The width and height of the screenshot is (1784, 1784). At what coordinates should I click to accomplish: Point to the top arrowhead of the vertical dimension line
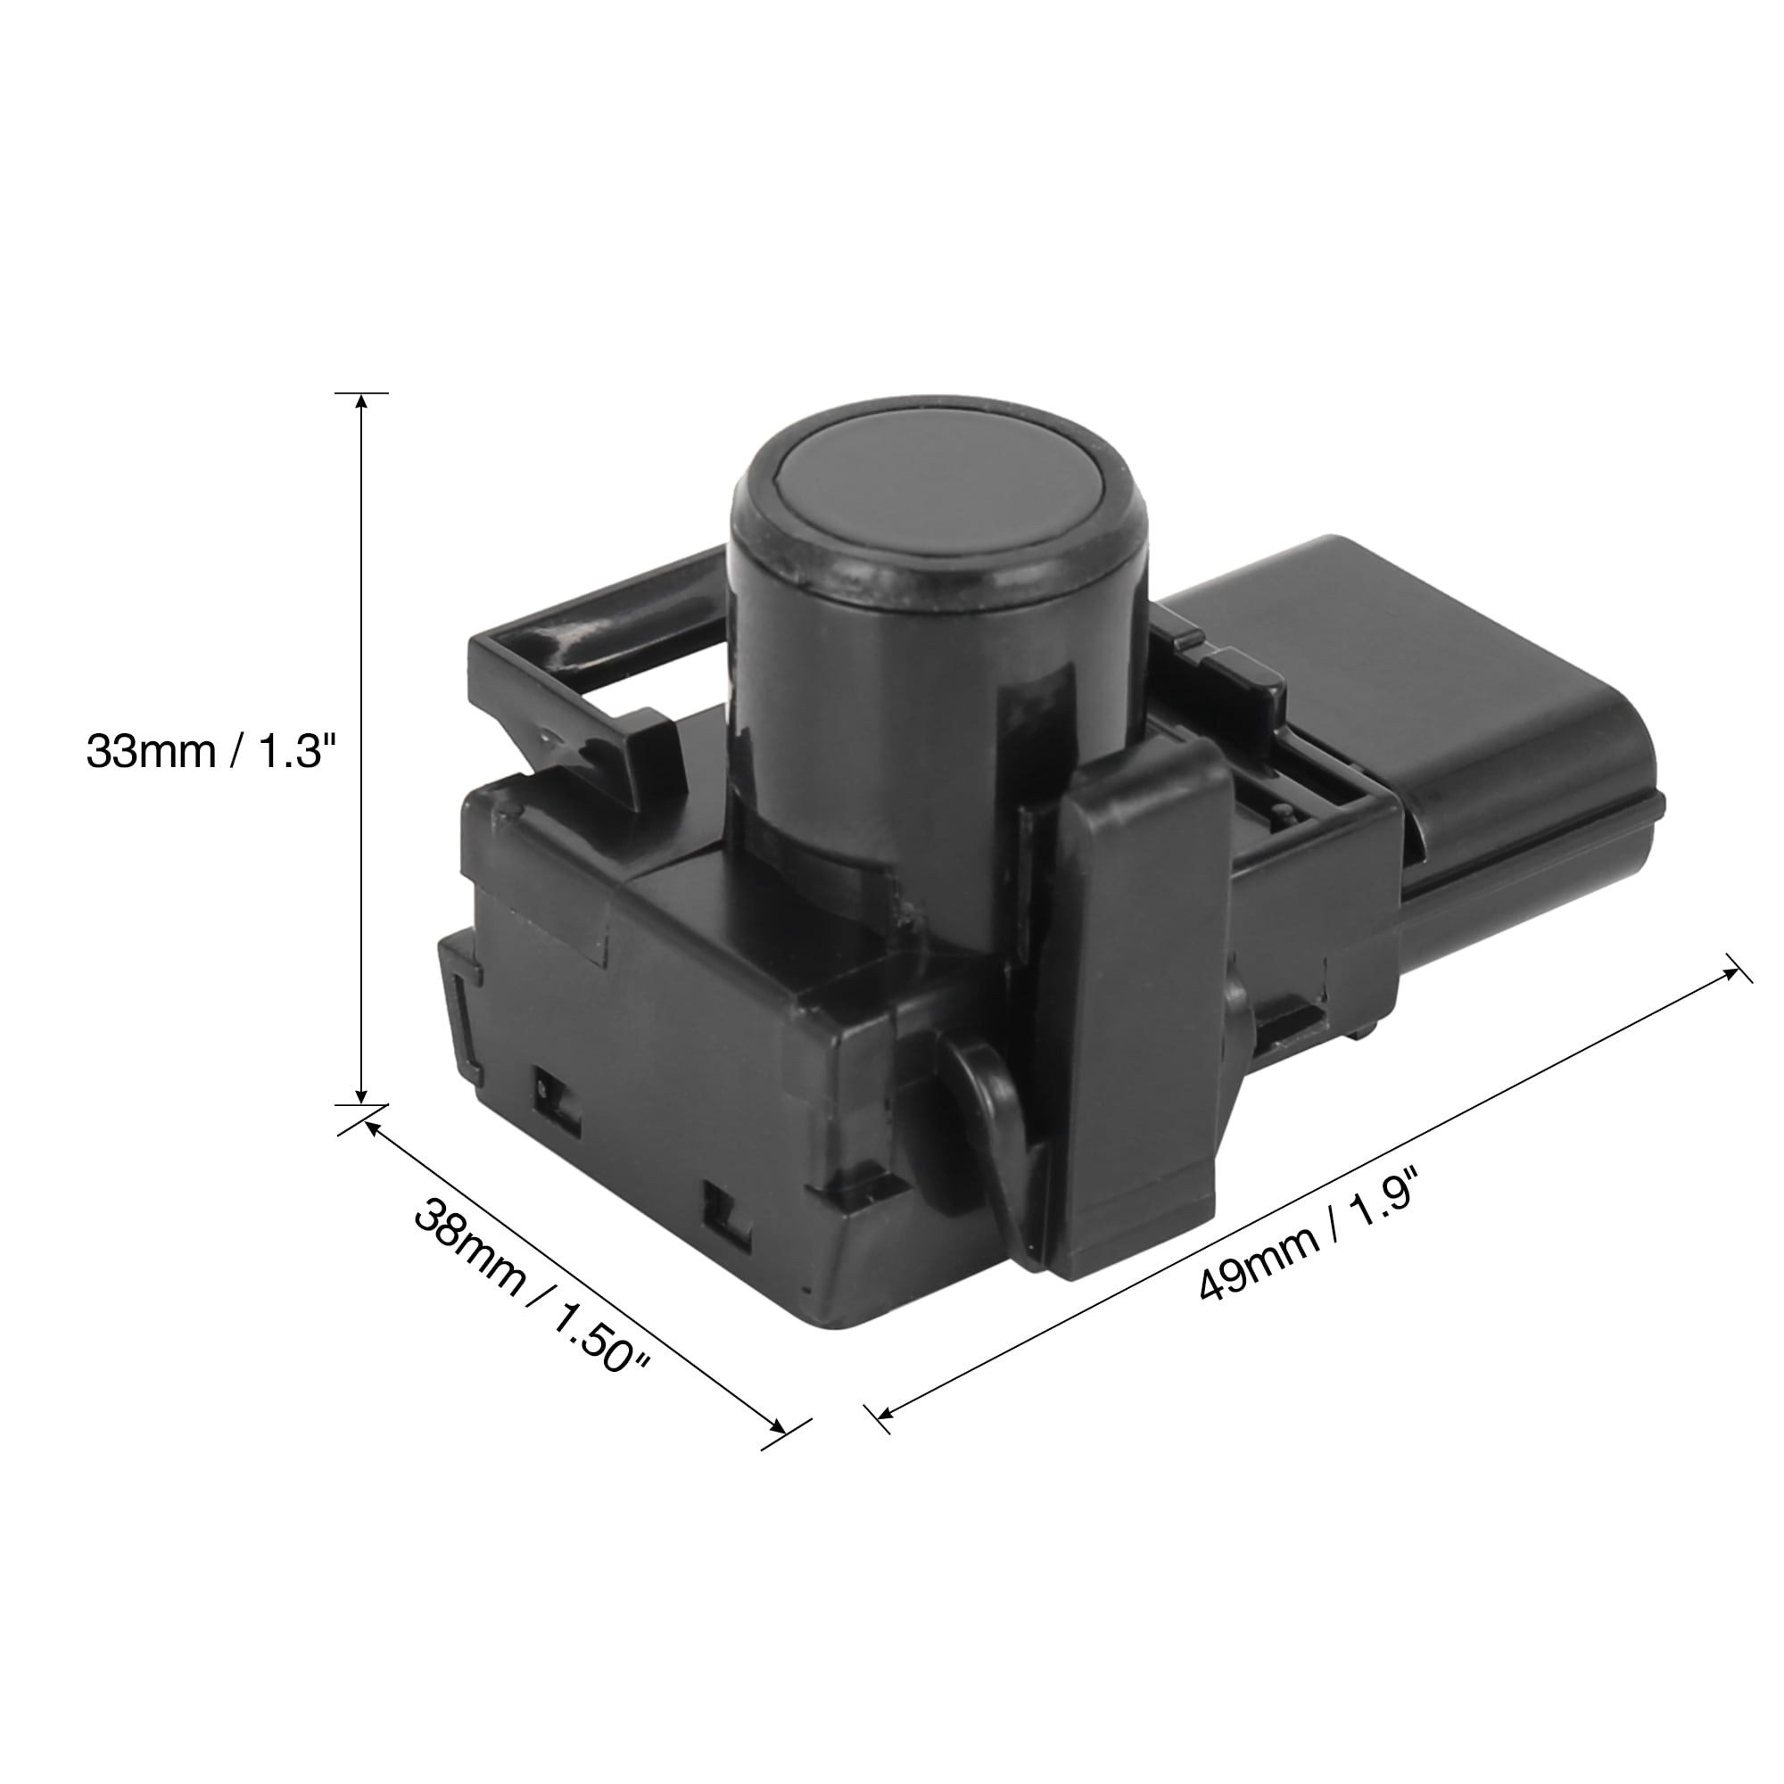click(x=362, y=402)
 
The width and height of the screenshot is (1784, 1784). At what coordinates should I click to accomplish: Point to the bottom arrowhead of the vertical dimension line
click(x=362, y=1094)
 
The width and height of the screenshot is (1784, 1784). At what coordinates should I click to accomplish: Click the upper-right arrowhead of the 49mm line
click(x=1730, y=973)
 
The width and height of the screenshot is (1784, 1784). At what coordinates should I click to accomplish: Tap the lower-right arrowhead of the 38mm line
click(x=778, y=1427)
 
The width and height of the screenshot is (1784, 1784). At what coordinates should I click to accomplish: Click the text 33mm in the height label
click(x=152, y=751)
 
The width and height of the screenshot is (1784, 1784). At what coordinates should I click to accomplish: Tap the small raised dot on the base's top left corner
click(x=505, y=810)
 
